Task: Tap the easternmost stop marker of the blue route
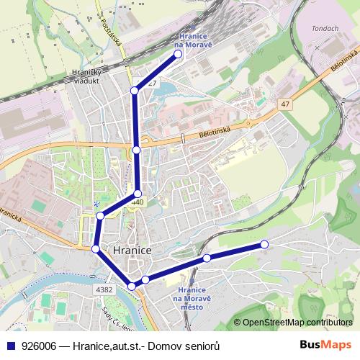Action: (264, 245)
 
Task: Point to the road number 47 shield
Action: (286, 104)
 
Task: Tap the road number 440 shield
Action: (138, 204)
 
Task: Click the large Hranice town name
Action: (132, 250)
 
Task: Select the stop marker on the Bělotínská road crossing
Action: (137, 150)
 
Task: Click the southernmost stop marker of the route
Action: (131, 287)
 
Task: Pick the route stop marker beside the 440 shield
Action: (138, 194)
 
